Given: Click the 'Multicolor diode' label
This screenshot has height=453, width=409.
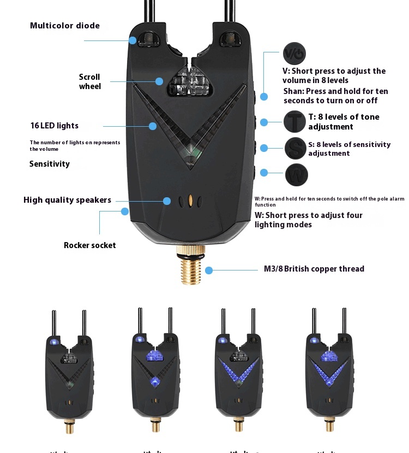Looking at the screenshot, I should [65, 26].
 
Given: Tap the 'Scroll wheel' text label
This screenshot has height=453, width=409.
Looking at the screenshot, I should [89, 81].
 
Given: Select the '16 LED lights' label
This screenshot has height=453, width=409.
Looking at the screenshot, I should [55, 126].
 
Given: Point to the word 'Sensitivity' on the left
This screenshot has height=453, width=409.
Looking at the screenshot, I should [50, 164].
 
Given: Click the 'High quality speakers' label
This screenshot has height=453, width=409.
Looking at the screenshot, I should [67, 200].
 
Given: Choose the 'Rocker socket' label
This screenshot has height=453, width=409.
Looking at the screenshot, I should [90, 245].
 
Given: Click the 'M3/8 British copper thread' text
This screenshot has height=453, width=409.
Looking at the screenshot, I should [314, 269].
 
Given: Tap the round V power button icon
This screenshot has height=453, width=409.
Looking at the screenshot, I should [294, 54].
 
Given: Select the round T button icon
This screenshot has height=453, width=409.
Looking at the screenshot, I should [294, 121].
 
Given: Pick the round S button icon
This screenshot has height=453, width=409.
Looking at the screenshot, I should [296, 148].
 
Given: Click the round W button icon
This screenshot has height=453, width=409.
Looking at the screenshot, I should [296, 175].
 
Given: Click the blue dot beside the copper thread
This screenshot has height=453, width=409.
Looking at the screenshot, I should [208, 269].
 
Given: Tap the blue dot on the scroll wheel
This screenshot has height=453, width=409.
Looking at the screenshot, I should [159, 81].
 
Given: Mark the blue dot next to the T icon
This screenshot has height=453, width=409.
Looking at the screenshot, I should [264, 122].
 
